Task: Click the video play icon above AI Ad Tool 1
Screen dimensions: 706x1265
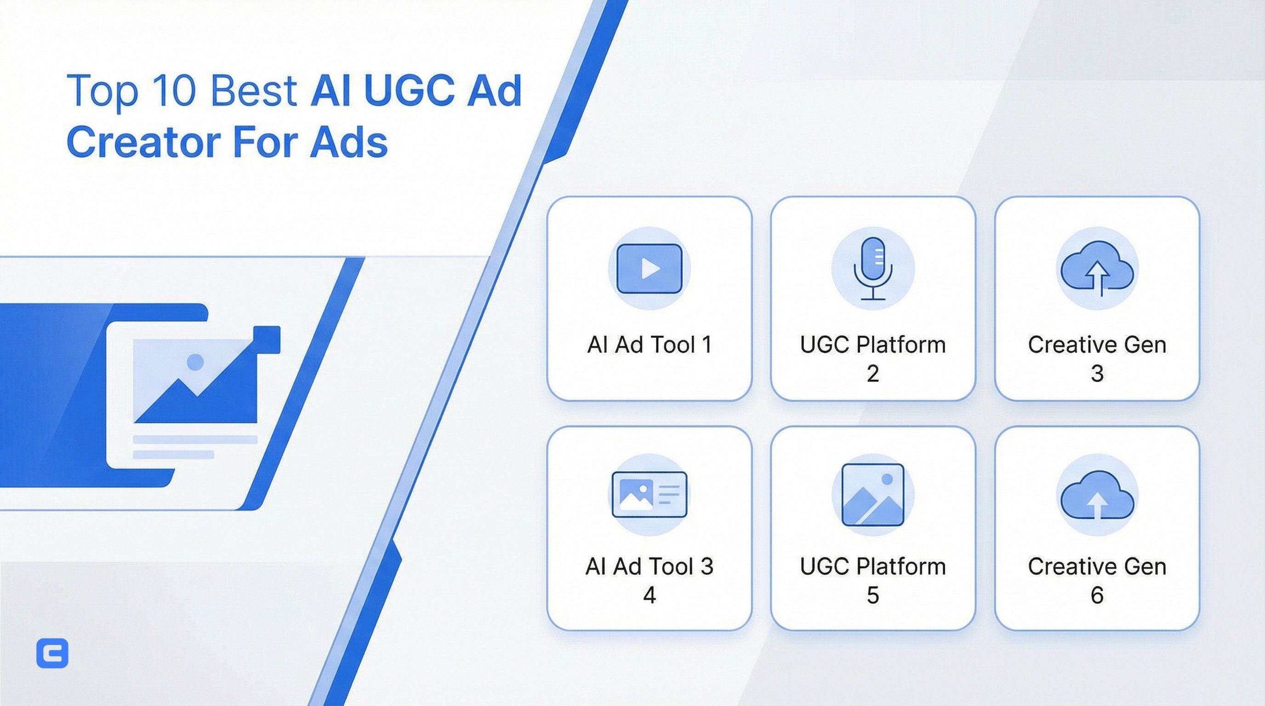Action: coord(649,268)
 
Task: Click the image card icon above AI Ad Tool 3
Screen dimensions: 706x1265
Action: coord(649,495)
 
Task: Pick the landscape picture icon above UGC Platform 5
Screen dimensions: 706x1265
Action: coord(872,495)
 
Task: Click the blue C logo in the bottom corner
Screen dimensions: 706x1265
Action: coord(52,653)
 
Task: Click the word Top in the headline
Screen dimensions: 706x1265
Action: coord(102,92)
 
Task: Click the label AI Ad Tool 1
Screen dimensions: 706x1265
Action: coord(649,345)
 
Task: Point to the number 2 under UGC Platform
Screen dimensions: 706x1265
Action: coord(872,374)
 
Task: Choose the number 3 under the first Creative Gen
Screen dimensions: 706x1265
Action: coord(1097,374)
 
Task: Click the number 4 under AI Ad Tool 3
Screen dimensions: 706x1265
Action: coord(649,596)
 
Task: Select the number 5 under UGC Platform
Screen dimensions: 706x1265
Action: coord(872,596)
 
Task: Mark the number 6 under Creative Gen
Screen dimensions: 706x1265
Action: coord(1097,596)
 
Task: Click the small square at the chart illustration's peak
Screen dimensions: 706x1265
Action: coord(267,340)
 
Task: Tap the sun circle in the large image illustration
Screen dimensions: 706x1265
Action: coord(195,362)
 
